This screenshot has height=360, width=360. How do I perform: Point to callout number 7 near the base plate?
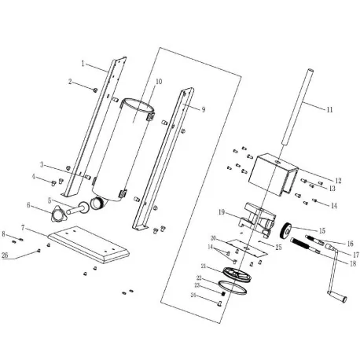[23, 227]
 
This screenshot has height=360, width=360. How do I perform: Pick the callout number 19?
[222, 212]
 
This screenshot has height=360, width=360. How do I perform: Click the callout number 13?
[332, 189]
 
